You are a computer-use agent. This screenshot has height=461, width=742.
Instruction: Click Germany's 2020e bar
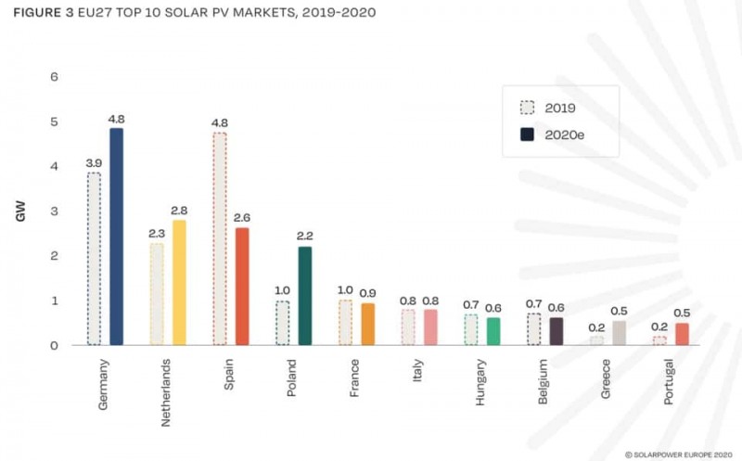[x=116, y=237]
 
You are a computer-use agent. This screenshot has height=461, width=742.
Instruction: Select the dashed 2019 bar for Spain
[x=219, y=238]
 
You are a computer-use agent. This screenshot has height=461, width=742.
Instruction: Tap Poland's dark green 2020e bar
[x=304, y=296]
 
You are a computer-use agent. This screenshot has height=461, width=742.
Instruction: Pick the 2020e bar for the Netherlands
[x=179, y=282]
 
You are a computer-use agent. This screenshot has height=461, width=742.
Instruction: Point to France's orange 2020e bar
[x=367, y=324]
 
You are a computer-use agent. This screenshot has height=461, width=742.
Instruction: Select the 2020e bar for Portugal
[x=682, y=334]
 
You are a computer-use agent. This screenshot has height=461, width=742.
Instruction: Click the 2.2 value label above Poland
[x=304, y=237]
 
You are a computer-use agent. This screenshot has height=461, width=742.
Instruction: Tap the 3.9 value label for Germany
[x=94, y=162]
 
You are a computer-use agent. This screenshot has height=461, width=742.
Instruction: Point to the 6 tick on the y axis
[x=54, y=76]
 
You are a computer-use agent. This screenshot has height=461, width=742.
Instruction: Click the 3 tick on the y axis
[x=54, y=211]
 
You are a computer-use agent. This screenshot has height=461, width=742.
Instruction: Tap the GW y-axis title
[x=19, y=211]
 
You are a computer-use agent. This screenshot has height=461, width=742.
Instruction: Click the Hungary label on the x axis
[x=481, y=381]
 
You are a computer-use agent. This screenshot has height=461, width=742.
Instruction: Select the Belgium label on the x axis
[x=544, y=380]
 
